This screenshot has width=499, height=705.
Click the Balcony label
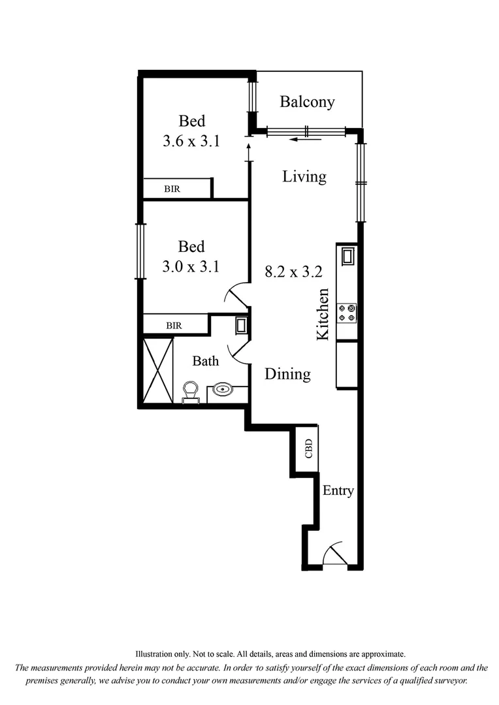pyautogui.click(x=307, y=102)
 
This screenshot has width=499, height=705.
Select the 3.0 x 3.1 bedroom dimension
pyautogui.click(x=191, y=266)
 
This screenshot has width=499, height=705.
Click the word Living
pyautogui.click(x=304, y=176)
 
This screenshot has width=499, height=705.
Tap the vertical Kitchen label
pyautogui.click(x=323, y=314)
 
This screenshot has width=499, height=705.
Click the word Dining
pyautogui.click(x=287, y=374)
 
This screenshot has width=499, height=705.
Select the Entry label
pyautogui.click(x=338, y=491)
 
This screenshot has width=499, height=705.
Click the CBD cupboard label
pyautogui.click(x=308, y=449)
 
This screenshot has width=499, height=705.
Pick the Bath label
pyautogui.click(x=205, y=360)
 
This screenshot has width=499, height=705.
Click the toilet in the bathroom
pyautogui.click(x=191, y=392)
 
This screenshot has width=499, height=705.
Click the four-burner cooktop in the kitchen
pyautogui.click(x=347, y=313)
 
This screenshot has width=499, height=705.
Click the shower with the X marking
pyautogui.click(x=157, y=371)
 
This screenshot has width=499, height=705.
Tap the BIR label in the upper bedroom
pyautogui.click(x=172, y=189)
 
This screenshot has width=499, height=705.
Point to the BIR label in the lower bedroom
pyautogui.click(x=173, y=324)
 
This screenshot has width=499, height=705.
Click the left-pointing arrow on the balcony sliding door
pyautogui.click(x=306, y=139)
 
